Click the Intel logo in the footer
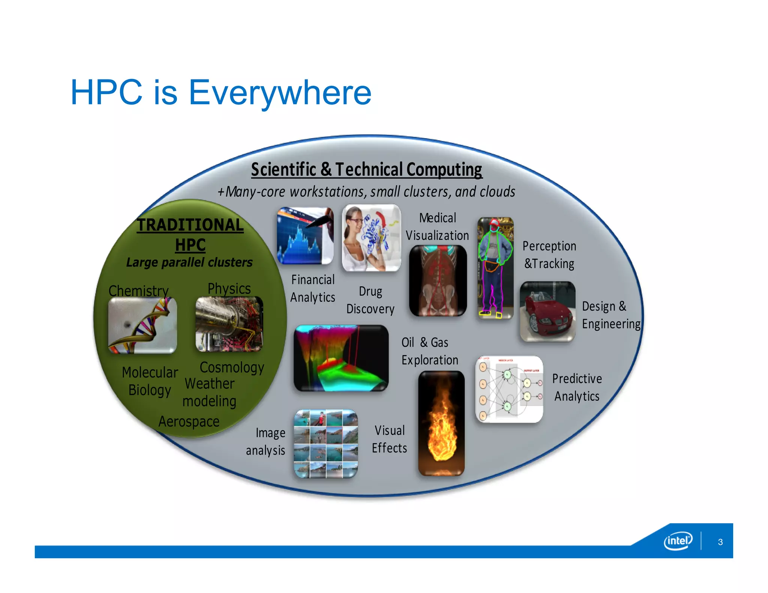tap(678, 541)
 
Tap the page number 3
tap(720, 542)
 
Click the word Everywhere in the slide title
tap(279, 93)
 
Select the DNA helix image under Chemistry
tap(142, 325)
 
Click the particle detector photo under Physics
tap(229, 324)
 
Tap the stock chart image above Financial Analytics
tap(305, 236)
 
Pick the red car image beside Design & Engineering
tap(547, 311)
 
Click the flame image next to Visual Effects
tap(441, 423)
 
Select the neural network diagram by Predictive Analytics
tap(509, 389)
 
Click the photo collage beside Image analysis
tap(325, 443)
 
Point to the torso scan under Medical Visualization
tap(438, 280)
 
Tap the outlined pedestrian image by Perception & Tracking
tap(495, 268)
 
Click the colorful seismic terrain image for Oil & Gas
tap(340, 358)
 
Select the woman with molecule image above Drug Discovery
tap(371, 238)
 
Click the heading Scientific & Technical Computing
tap(366, 169)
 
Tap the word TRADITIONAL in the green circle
tap(190, 225)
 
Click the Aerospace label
tap(189, 421)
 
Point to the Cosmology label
tap(232, 367)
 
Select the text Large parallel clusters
tap(189, 262)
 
